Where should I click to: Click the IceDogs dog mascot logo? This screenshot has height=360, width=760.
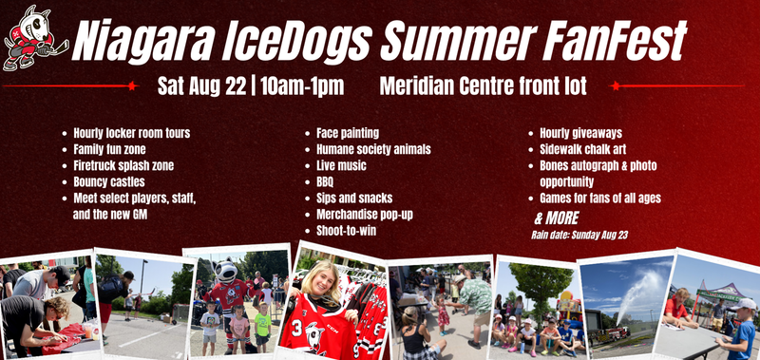click(x=34, y=38)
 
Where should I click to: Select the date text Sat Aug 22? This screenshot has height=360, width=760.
click(x=203, y=86)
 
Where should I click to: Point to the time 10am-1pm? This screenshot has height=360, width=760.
click(x=302, y=86)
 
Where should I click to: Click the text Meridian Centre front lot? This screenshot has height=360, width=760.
click(x=484, y=85)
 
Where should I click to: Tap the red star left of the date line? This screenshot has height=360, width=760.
click(x=131, y=85)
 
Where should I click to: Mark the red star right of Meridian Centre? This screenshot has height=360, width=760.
click(x=615, y=85)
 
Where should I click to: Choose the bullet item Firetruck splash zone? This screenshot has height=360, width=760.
click(x=123, y=165)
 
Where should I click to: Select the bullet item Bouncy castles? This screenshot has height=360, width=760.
click(x=109, y=182)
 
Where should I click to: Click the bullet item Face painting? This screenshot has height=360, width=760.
click(x=348, y=133)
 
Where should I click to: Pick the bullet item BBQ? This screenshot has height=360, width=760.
click(x=325, y=182)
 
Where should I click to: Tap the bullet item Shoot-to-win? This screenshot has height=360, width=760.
click(x=346, y=231)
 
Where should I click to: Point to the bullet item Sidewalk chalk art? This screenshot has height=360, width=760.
click(x=582, y=149)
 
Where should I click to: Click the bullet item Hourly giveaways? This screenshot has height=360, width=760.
click(x=580, y=133)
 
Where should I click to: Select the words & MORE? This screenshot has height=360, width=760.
click(x=557, y=218)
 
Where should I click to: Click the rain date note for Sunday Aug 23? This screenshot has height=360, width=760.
click(x=579, y=236)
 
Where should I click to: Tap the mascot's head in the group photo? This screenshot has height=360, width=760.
click(x=225, y=272)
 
